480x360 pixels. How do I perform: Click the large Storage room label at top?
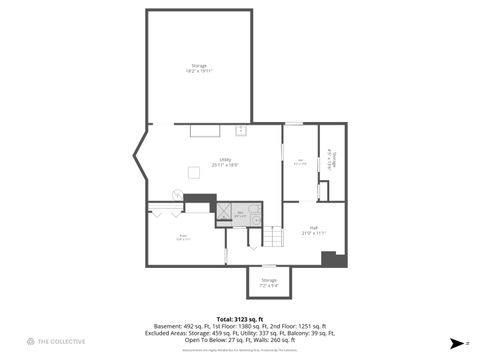pyautogui.click(x=201, y=66)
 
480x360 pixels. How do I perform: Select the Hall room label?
pyautogui.click(x=313, y=228)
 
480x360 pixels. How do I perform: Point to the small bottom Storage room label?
pyautogui.click(x=268, y=280)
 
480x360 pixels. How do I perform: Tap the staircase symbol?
pyautogui.click(x=273, y=237)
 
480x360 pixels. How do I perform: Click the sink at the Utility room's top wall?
pyautogui.click(x=241, y=130)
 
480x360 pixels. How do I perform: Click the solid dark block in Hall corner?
pyautogui.click(x=333, y=259)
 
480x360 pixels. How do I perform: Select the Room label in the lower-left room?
pyautogui.click(x=184, y=238)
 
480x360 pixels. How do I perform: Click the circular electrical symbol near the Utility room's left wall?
pyautogui.click(x=176, y=193)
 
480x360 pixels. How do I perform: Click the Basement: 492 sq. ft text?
pyautogui.click(x=177, y=326)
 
